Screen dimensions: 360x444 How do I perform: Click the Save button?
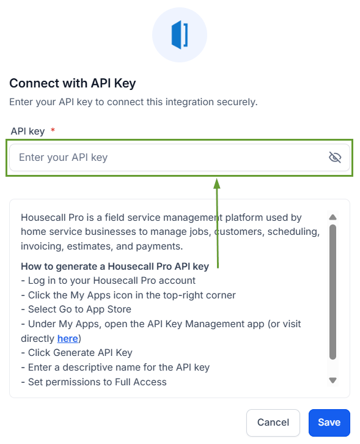coord(329,423)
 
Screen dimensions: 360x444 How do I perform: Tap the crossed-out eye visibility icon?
coord(335,157)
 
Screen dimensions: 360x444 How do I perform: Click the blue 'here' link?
coord(68,338)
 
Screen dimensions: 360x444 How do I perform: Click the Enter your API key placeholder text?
coord(63,157)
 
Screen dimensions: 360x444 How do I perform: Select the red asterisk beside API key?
coord(53,130)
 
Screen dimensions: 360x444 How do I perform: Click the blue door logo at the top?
coord(180,35)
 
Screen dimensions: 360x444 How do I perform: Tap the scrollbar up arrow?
coord(333,217)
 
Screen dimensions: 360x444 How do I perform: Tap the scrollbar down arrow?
coord(333,380)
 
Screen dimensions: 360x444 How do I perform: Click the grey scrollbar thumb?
coord(333,292)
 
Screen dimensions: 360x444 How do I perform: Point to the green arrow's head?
coord(217,183)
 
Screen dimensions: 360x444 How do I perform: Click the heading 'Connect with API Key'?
coord(73,83)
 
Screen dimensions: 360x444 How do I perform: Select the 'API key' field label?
coord(28,131)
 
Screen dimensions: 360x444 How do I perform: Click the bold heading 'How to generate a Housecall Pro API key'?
coord(115,267)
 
